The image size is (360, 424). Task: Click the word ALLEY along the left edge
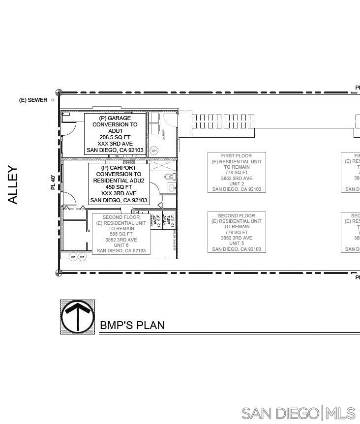pos(13,185)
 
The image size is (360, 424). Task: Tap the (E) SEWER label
pos(33,100)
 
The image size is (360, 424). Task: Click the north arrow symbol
pos(78,317)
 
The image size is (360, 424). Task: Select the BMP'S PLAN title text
pos(132,325)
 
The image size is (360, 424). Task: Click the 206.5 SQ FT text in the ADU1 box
pos(115,137)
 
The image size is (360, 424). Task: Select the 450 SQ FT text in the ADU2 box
pos(119,187)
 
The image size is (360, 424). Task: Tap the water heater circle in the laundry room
pos(154,151)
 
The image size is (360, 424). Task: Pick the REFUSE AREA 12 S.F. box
pos(169,219)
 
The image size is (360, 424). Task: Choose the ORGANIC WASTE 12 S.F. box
pos(155,219)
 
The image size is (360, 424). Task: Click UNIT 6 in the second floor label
pos(121,245)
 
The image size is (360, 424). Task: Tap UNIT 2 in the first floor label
pos(237,184)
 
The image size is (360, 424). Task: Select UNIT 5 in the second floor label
pos(237,243)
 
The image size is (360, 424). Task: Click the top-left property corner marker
pos(59,92)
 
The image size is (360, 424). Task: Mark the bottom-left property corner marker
pos(59,273)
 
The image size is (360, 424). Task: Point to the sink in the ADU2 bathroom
pos(172,187)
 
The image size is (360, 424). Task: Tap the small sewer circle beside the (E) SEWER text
pos(53,100)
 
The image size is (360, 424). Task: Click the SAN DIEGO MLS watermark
pos(298,413)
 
